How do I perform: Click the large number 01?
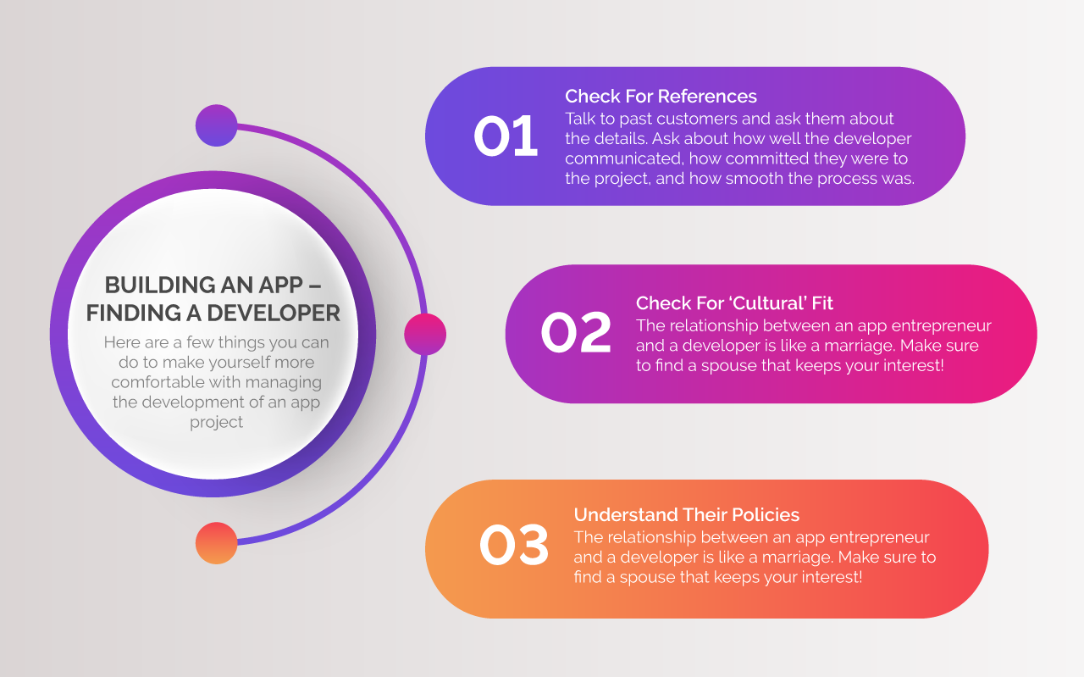pos(506,136)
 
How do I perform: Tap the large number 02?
pos(576,332)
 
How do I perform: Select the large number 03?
pos(514,546)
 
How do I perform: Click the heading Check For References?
pos(661,97)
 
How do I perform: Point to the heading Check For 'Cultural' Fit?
pos(734,303)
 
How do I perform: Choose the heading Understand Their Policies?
pos(686,515)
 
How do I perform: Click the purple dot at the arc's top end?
pos(216,125)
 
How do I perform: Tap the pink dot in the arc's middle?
pos(425,334)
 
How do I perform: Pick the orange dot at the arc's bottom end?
pos(216,543)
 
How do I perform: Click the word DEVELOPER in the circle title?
pos(274,313)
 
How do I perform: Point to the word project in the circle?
pos(216,423)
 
